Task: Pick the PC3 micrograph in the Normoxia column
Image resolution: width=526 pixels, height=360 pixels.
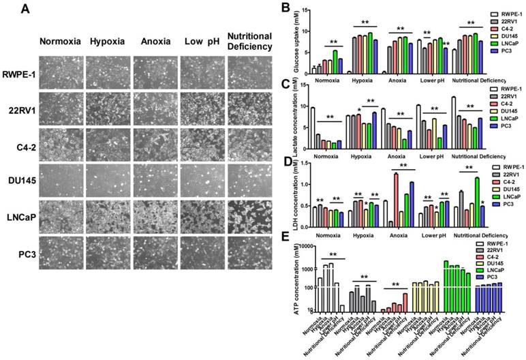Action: (x=61, y=254)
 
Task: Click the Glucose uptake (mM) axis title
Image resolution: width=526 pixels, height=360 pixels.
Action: (x=295, y=41)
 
